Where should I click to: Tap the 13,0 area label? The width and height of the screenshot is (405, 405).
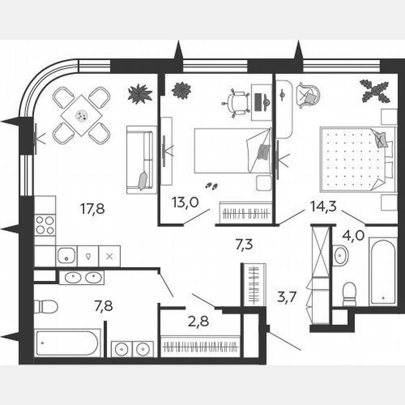tap(185, 202)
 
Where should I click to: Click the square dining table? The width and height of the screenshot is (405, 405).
tap(82, 115)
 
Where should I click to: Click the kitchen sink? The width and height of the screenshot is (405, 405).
tap(66, 256)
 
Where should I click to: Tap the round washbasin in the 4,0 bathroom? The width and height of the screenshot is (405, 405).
tap(341, 255)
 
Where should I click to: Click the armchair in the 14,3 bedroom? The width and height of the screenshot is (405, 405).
tap(307, 95)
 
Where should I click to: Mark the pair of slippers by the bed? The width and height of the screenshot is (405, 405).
tap(212, 186)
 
